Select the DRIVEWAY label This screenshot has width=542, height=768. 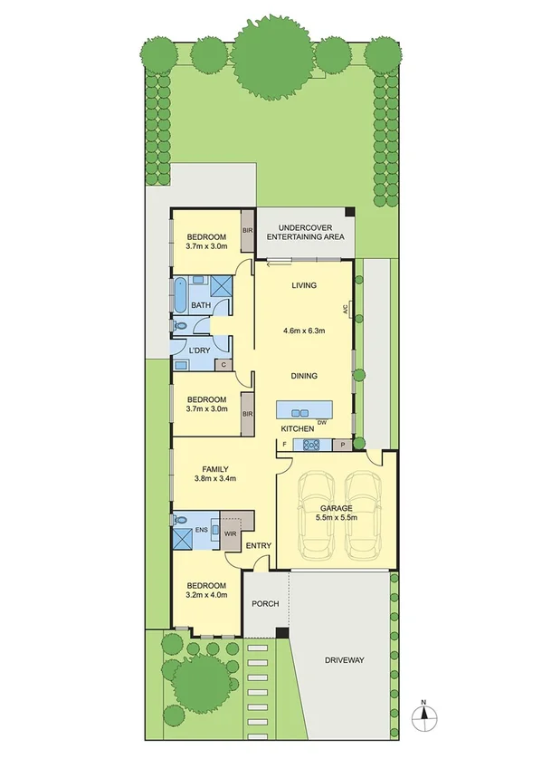click(344, 660)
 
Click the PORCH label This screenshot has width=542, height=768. click(265, 604)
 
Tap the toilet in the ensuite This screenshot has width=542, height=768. click(180, 521)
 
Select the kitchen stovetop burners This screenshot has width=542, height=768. click(311, 445)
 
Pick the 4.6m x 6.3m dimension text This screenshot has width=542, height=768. click(304, 330)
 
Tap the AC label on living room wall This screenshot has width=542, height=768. click(346, 309)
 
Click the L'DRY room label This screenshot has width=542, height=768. click(200, 350)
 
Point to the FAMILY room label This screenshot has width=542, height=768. click(214, 468)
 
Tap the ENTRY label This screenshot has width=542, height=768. click(258, 545)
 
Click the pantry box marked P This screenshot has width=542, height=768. click(342, 445)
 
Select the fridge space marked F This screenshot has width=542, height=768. click(285, 445)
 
